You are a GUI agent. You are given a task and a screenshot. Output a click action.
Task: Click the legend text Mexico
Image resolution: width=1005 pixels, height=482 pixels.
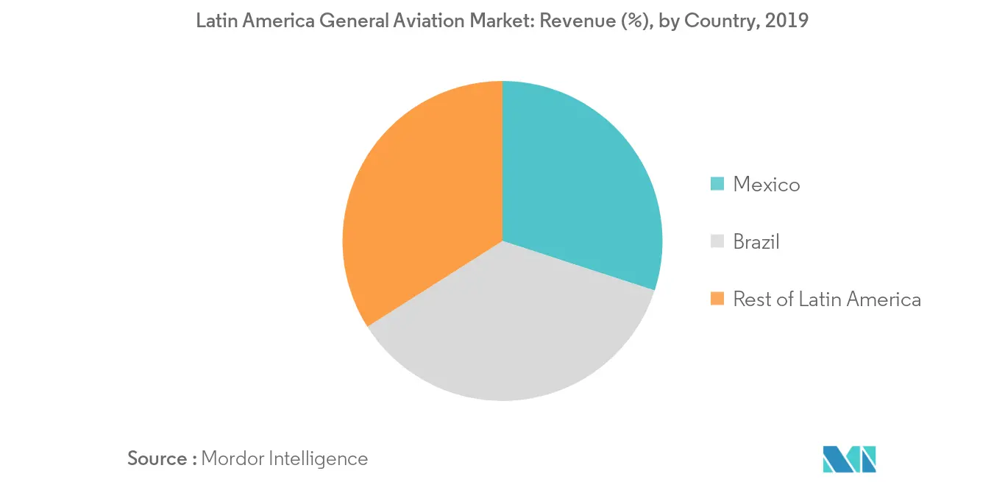click(x=766, y=184)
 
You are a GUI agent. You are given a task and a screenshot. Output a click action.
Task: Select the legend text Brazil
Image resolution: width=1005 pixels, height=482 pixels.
click(x=756, y=241)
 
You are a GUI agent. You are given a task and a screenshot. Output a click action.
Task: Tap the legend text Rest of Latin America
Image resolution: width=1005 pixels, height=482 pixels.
click(x=827, y=299)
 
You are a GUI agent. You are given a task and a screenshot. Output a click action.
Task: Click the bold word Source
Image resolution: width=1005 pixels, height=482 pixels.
click(x=157, y=458)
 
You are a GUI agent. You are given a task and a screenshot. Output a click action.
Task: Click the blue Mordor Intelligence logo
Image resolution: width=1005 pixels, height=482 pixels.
click(x=850, y=458)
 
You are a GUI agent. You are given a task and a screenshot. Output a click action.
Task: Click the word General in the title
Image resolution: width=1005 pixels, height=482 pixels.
click(x=353, y=21)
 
